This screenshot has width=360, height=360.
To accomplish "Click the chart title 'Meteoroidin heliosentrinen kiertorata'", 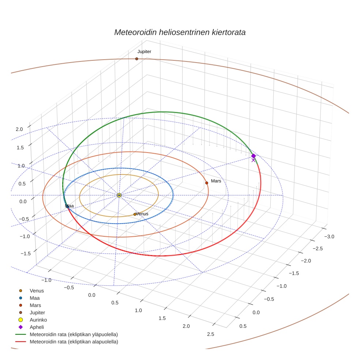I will [x=180, y=32].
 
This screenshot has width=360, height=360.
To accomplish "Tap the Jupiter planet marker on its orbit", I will [x=136, y=59].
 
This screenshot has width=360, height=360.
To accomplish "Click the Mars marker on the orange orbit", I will [x=207, y=183].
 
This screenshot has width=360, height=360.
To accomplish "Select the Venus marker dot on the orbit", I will [x=135, y=214].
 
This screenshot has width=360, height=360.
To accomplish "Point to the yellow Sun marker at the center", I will [x=119, y=195].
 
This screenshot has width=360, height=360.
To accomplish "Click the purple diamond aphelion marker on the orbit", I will [x=254, y=156].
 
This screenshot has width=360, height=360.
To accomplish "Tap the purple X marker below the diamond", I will [x=253, y=160].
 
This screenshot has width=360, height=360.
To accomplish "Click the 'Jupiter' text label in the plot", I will [x=144, y=52].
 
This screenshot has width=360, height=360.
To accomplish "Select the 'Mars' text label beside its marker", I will [x=216, y=181].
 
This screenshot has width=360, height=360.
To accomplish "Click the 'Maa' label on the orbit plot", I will [x=69, y=206].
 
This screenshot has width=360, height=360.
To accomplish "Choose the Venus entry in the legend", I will [x=37, y=291].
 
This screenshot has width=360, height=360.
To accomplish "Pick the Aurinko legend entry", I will [x=38, y=320].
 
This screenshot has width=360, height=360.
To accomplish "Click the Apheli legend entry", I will [x=37, y=327].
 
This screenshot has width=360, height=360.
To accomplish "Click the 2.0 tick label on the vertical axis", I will [x=19, y=129].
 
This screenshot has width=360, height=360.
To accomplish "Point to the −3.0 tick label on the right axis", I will [x=329, y=237].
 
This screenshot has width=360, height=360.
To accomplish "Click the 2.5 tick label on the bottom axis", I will [x=210, y=334].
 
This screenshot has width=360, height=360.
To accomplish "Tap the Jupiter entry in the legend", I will [x=37, y=312].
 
